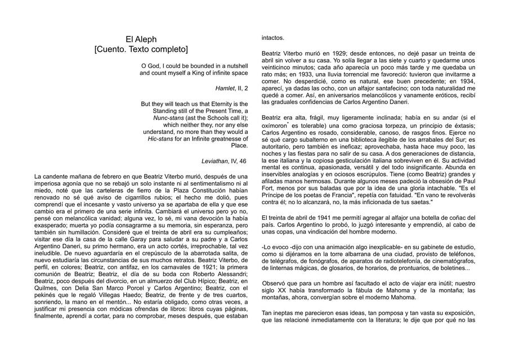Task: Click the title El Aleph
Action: click(141, 39)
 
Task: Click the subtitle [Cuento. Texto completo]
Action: click(141, 49)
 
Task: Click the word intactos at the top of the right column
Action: click(273, 38)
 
